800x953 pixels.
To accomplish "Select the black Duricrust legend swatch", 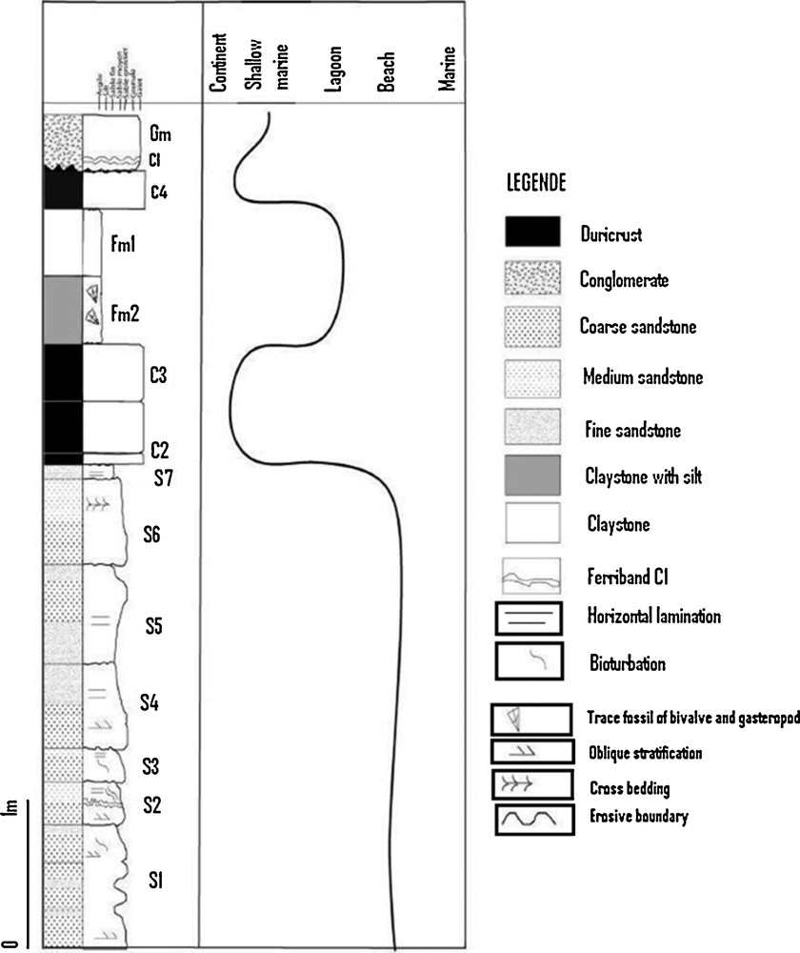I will [x=531, y=233].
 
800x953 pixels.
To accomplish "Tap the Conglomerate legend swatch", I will [x=531, y=280].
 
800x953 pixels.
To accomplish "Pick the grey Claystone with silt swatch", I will [x=531, y=476].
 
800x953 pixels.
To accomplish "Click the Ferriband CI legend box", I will [x=531, y=575].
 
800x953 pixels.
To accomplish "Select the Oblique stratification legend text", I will [x=646, y=753].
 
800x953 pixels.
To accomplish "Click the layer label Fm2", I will [x=125, y=312].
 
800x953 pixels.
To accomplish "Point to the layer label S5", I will [x=154, y=626].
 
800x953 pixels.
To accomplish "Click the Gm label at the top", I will [x=159, y=135].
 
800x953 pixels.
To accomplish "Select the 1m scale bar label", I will [x=12, y=821].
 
